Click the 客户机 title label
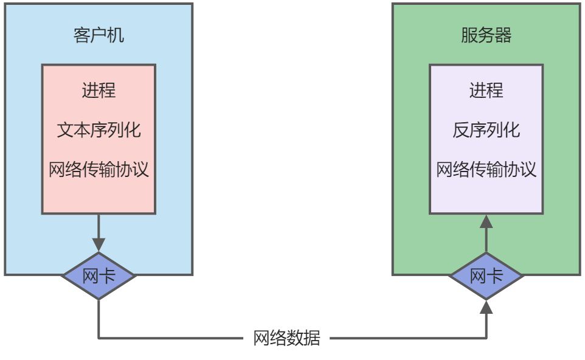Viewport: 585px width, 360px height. tap(99, 35)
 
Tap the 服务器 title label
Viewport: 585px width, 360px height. tap(486, 35)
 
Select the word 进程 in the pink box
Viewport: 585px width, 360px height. tap(99, 91)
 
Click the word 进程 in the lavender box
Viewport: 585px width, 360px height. tap(486, 91)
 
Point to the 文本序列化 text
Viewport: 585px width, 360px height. tap(99, 130)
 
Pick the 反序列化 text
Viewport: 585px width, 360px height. tap(486, 130)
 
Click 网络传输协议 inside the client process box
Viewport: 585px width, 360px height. tap(99, 169)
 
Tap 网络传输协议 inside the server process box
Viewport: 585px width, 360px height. tap(486, 169)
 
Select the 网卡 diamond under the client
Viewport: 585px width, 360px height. tap(99, 276)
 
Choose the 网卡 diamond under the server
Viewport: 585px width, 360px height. tap(486, 276)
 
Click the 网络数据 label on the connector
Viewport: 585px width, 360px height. tap(286, 338)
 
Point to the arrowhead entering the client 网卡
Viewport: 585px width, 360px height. tap(99, 245)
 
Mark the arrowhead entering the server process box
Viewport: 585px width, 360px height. tap(486, 221)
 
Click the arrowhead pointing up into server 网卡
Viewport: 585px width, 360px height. tap(486, 307)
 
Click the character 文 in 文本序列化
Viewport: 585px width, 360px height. tap(65, 130)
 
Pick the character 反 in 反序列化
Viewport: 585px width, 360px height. tap(461, 130)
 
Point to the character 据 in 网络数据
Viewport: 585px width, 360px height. tap(311, 338)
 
